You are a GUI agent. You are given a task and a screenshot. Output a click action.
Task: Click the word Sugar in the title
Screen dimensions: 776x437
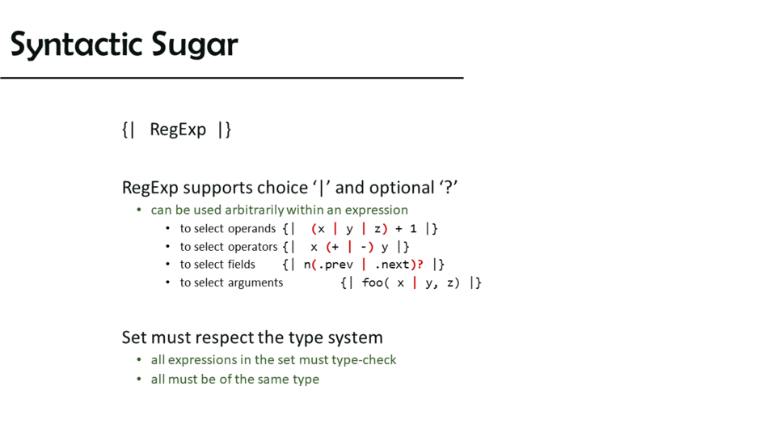195,45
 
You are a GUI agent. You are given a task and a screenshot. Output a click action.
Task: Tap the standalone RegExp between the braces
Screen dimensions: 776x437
178,129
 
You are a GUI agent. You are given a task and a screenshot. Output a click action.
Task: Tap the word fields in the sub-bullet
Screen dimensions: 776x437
242,265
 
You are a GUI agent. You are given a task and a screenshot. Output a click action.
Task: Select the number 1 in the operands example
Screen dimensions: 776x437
413,229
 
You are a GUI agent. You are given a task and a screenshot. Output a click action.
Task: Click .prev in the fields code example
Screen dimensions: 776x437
335,265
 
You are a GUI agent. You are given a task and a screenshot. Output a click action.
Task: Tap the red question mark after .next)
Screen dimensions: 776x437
420,264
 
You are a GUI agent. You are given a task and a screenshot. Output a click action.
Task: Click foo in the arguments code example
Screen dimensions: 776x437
372,282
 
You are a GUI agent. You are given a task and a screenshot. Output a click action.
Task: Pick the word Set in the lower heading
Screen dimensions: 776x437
134,337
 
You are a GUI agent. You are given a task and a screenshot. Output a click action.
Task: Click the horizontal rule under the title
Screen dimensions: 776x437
232,78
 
